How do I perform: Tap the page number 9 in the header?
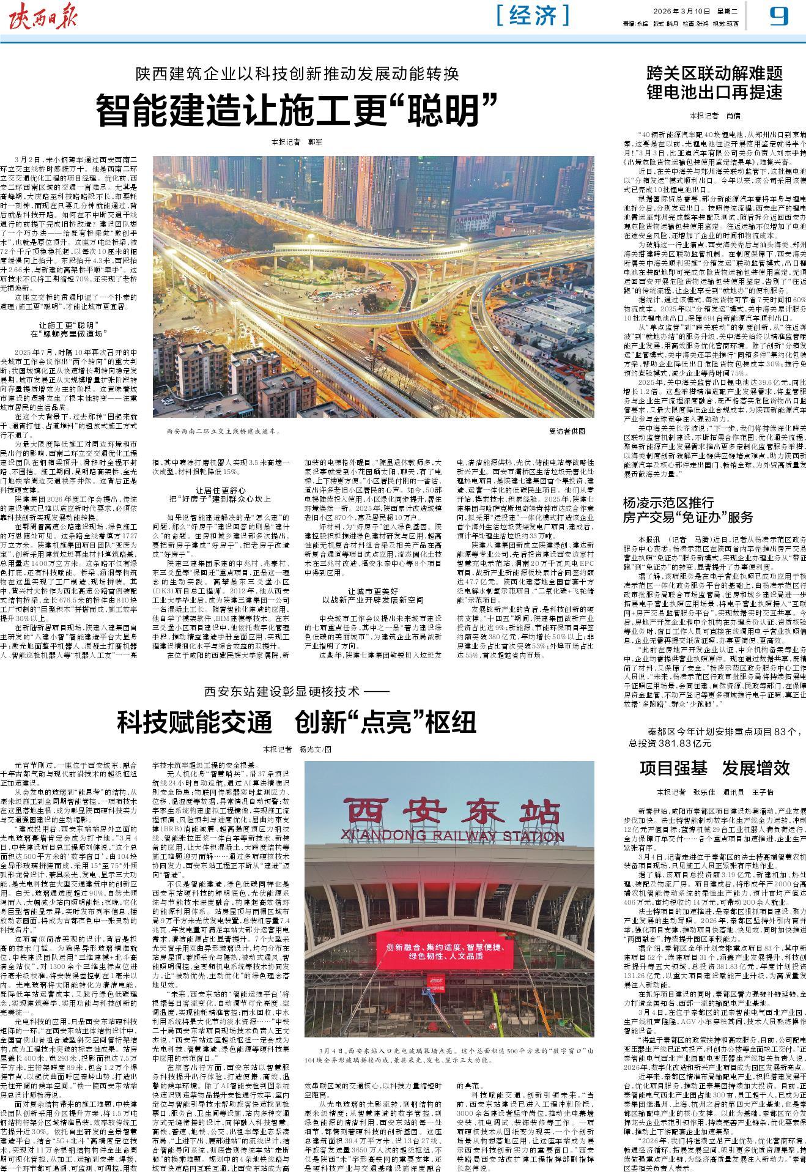click(778, 16)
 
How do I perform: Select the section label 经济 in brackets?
click(533, 15)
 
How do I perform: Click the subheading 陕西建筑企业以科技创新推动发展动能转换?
click(297, 75)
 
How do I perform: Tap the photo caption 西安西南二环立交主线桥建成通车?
click(224, 431)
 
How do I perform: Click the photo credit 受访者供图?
click(567, 431)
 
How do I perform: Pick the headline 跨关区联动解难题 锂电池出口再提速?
click(715, 84)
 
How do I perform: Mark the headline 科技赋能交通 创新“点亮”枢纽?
click(297, 722)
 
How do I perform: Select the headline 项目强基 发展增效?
click(715, 768)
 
